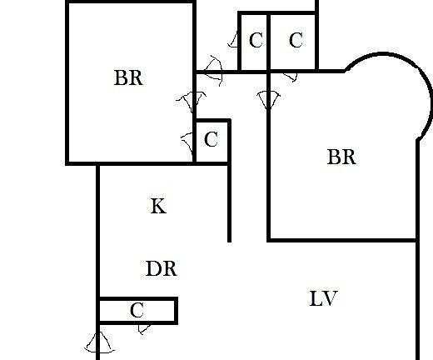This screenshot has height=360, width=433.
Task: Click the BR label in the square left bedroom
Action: pyautogui.click(x=128, y=77)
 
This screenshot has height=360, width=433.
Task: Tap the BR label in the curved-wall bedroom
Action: pyautogui.click(x=341, y=157)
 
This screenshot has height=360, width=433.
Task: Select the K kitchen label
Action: pyautogui.click(x=158, y=206)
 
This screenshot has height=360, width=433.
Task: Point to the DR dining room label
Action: pyautogui.click(x=162, y=268)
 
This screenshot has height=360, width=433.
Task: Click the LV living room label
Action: pyautogui.click(x=323, y=298)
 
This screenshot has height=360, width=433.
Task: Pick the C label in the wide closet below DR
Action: pyautogui.click(x=137, y=310)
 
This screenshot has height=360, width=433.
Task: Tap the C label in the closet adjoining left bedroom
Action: pyautogui.click(x=211, y=139)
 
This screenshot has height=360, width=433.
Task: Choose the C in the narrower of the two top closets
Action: pyautogui.click(x=256, y=40)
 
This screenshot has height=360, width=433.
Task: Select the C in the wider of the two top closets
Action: pyautogui.click(x=296, y=40)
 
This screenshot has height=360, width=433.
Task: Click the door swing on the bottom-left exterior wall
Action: pyautogui.click(x=98, y=342)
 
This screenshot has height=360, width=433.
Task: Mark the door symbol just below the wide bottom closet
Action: pyautogui.click(x=144, y=329)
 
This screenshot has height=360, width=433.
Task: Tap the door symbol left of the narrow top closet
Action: pyautogui.click(x=233, y=39)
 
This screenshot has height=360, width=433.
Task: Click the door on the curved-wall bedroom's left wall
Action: pyautogui.click(x=268, y=99)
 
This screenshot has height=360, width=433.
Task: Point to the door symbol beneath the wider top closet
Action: pyautogui.click(x=290, y=77)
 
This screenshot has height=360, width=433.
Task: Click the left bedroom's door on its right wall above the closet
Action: pyautogui.click(x=192, y=102)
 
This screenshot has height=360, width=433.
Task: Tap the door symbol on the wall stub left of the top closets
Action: pyautogui.click(x=214, y=71)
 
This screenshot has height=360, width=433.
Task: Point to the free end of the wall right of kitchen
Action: pyautogui.click(x=229, y=242)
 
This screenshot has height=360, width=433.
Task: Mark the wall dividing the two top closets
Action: pyautogui.click(x=268, y=42)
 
